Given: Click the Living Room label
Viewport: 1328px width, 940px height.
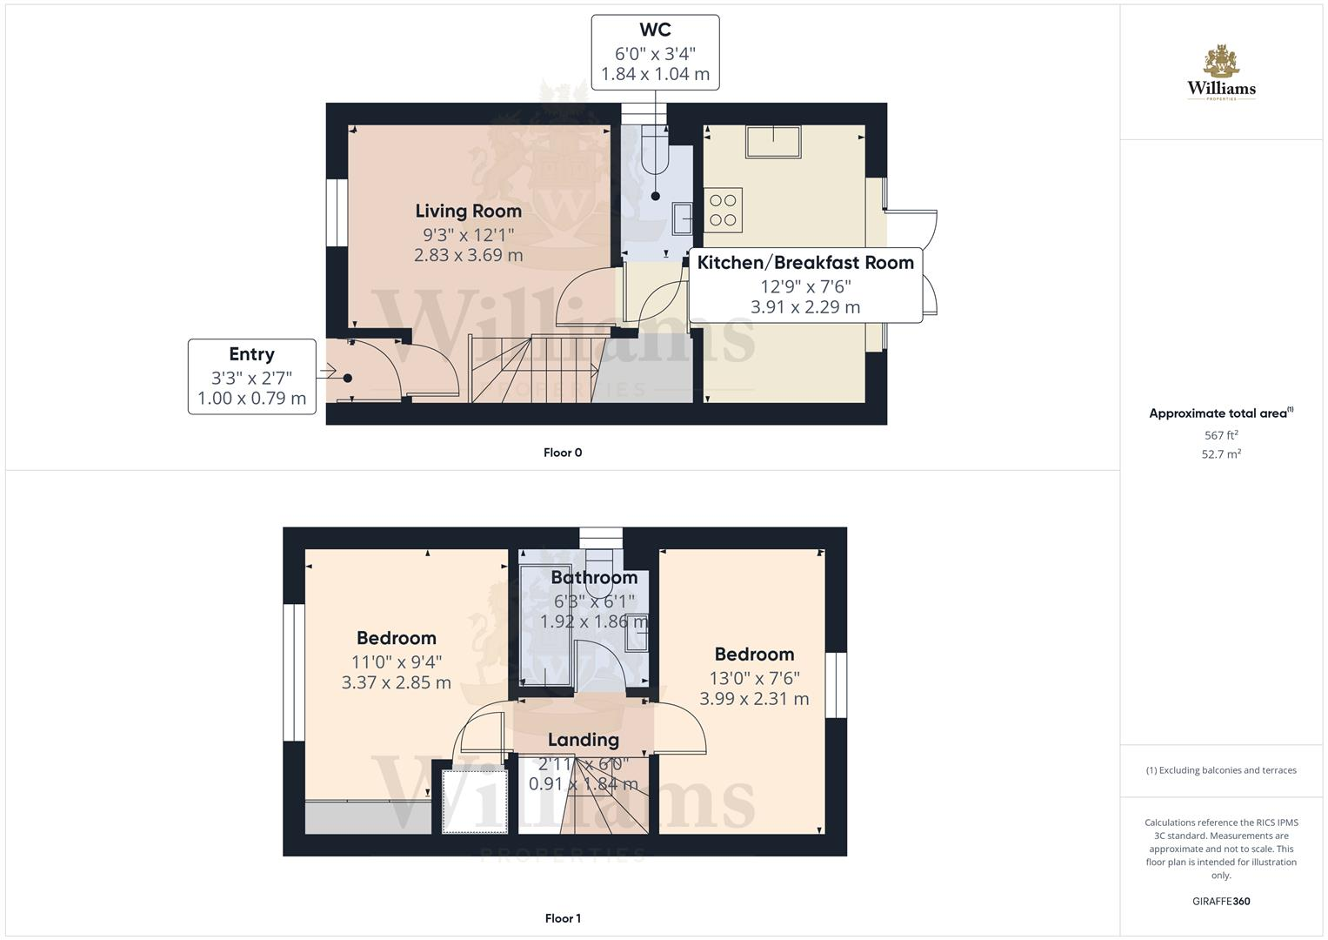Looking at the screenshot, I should (x=468, y=211).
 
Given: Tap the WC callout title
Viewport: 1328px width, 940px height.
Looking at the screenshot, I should (x=655, y=30).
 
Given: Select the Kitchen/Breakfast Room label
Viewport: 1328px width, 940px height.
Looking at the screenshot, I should (x=805, y=263).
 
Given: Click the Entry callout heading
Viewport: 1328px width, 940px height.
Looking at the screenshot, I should (x=251, y=354).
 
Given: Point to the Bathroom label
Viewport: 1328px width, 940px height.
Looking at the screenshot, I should (x=594, y=578).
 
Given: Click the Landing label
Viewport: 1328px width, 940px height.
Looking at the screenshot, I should (x=583, y=740).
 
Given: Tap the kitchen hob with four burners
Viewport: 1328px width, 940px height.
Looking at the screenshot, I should (x=723, y=210).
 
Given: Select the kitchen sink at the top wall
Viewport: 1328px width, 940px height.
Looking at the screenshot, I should (x=773, y=143).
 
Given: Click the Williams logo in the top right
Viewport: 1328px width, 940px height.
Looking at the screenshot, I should (x=1221, y=73).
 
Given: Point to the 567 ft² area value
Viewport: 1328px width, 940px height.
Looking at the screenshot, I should (x=1221, y=435).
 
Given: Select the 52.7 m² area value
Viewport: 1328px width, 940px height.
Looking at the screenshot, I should (x=1221, y=454).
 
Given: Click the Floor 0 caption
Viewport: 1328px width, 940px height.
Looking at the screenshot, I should (x=563, y=453).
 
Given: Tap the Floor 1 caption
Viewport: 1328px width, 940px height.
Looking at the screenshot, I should (x=563, y=918).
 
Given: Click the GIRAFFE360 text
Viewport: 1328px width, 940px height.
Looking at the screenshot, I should (x=1221, y=902).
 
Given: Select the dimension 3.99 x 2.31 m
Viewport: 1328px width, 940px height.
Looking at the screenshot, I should (x=754, y=699).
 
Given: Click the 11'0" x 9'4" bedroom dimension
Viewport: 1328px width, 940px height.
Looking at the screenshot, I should (x=397, y=661).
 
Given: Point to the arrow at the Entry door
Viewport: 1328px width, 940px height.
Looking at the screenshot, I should (x=327, y=373).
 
